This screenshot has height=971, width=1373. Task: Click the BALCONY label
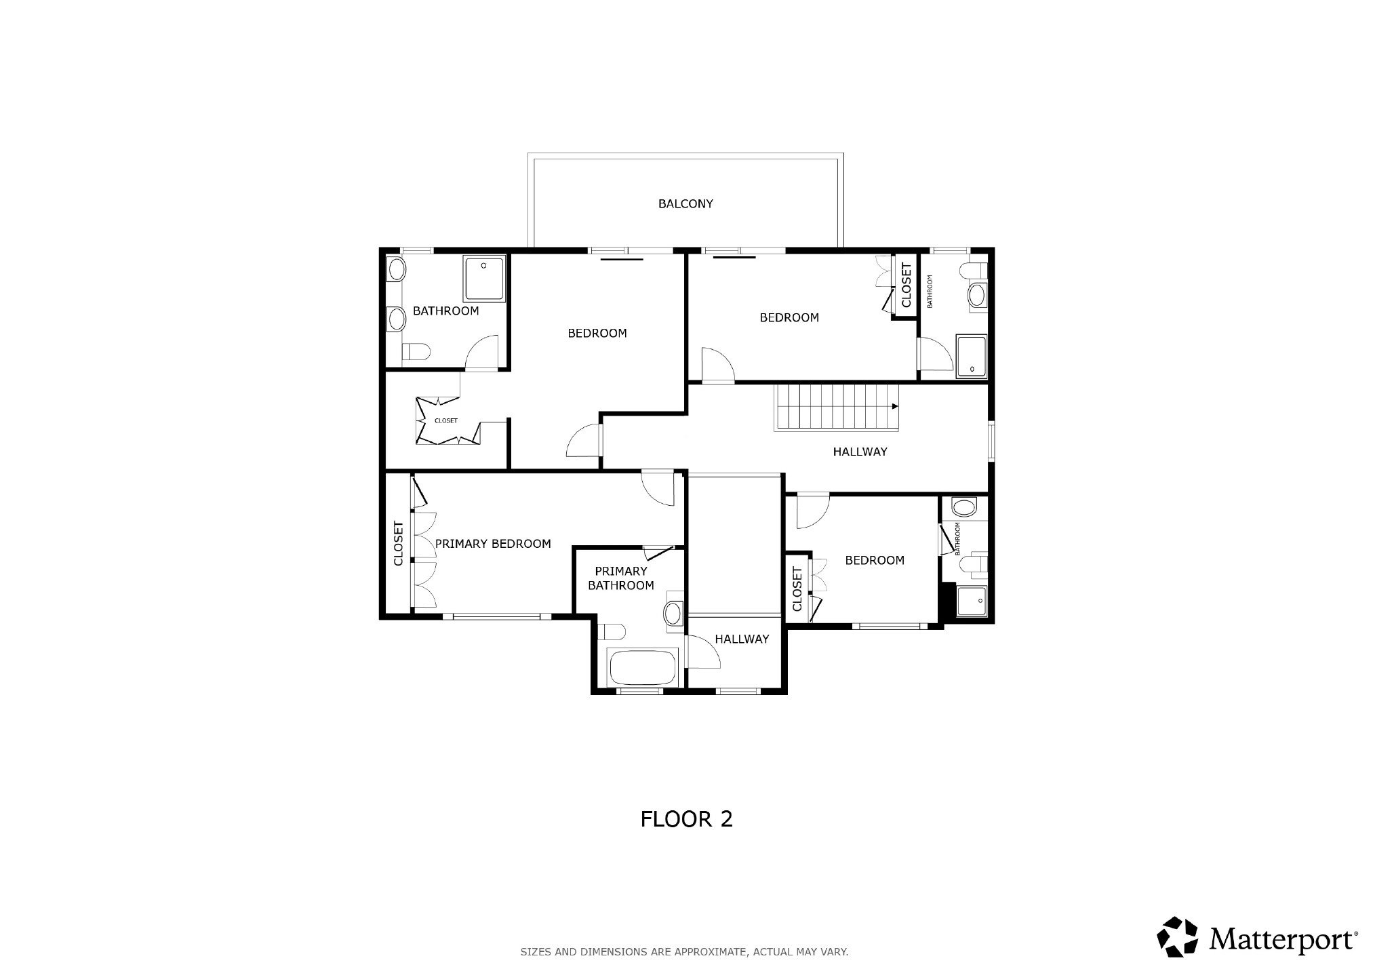click(685, 203)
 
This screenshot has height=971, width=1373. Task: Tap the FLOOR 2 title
click(686, 819)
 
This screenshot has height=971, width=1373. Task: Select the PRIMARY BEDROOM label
click(493, 544)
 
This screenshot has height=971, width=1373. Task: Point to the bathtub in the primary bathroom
click(643, 667)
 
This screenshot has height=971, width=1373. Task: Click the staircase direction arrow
click(895, 407)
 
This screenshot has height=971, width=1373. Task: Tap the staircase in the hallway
click(837, 408)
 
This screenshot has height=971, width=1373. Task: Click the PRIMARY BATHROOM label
click(621, 578)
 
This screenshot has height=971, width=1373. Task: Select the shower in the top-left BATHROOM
click(484, 278)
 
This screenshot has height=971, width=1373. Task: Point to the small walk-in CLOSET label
click(446, 421)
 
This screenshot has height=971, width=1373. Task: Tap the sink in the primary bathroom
click(673, 613)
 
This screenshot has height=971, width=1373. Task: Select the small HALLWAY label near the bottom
click(742, 639)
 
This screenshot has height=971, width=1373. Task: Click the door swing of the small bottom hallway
click(702, 652)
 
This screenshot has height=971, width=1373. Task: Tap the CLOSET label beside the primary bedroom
click(398, 543)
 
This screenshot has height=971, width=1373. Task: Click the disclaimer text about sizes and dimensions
click(684, 952)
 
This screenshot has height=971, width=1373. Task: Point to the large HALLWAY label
click(860, 452)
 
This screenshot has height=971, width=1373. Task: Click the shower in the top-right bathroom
click(972, 355)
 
